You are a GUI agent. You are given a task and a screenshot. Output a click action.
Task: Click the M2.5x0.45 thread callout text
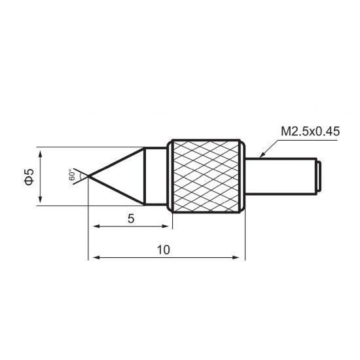(310, 132)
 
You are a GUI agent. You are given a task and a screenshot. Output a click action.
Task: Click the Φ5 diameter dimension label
(29, 177)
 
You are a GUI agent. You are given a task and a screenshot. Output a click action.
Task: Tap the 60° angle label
(72, 175)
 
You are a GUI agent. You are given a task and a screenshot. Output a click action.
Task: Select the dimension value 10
(164, 250)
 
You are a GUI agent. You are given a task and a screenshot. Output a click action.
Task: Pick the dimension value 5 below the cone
(131, 219)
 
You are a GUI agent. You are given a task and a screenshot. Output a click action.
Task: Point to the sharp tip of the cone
(88, 176)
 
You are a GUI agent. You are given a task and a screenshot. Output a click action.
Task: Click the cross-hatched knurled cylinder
(206, 176)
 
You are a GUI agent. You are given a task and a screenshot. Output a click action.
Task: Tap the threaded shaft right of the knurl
(281, 176)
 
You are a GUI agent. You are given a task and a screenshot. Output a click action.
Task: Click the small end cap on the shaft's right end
(319, 176)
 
